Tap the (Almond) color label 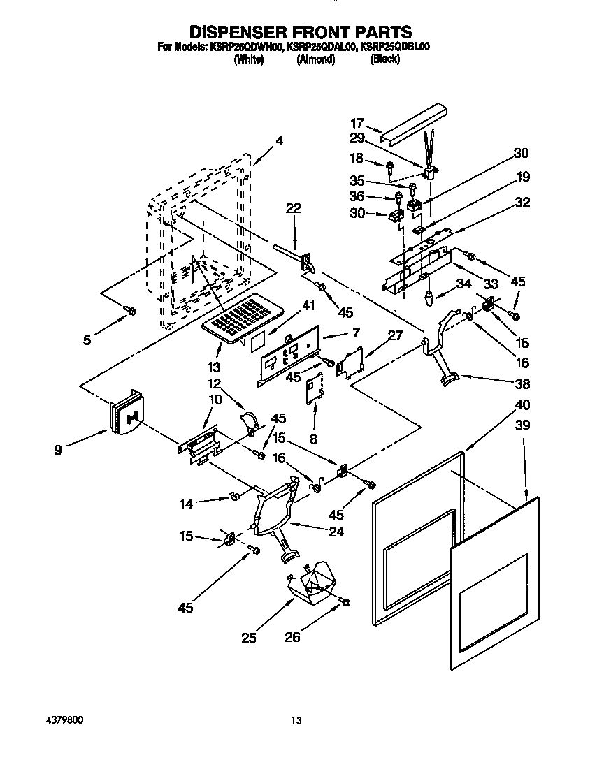click(316, 59)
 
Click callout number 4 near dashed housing click(279, 140)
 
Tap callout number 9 click(57, 451)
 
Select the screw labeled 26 click(345, 601)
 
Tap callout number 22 click(293, 208)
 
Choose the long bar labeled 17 click(412, 123)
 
